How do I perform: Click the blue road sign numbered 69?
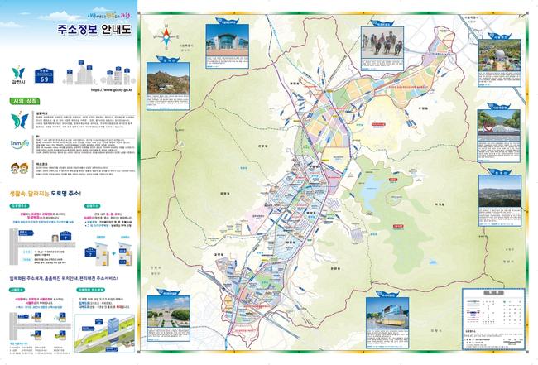pyautogui.click(x=46, y=78)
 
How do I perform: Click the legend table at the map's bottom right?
pyautogui.click(x=489, y=314)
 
